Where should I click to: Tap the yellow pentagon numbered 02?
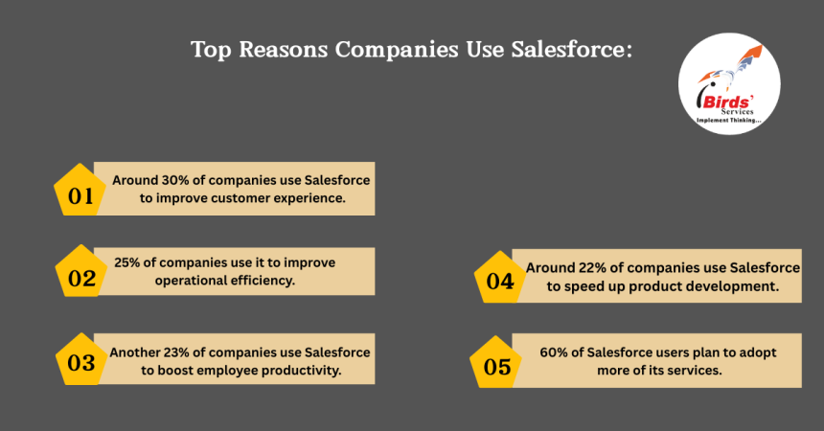click(x=81, y=278)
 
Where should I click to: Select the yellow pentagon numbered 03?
click(x=80, y=362)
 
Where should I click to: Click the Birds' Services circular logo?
click(x=729, y=92)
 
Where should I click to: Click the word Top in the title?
click(x=210, y=50)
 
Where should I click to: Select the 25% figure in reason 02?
click(x=129, y=261)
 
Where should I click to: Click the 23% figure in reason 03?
click(x=177, y=352)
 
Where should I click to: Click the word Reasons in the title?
click(x=283, y=50)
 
